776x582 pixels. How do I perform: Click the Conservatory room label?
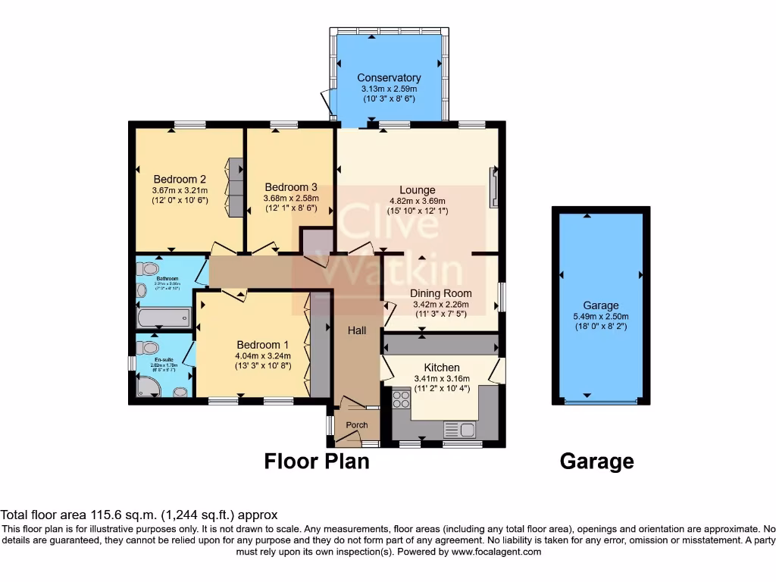point(389,78)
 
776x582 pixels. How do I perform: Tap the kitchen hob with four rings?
point(401,399)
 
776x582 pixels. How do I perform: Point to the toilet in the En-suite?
point(144,347)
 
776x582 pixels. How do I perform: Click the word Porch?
point(357,425)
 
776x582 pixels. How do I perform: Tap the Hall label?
point(357,330)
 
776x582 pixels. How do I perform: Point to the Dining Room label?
point(441,293)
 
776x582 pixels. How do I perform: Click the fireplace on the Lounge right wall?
point(494,187)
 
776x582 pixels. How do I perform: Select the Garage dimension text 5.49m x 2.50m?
point(601,317)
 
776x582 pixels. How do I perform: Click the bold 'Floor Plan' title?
point(317,461)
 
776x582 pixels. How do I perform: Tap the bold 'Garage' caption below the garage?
point(596,461)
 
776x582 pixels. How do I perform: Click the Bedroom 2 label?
point(180,180)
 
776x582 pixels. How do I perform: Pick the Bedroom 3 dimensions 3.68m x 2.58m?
point(290,198)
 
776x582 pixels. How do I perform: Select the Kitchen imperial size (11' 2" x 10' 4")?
point(442,389)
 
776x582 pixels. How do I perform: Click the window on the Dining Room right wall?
point(501,296)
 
